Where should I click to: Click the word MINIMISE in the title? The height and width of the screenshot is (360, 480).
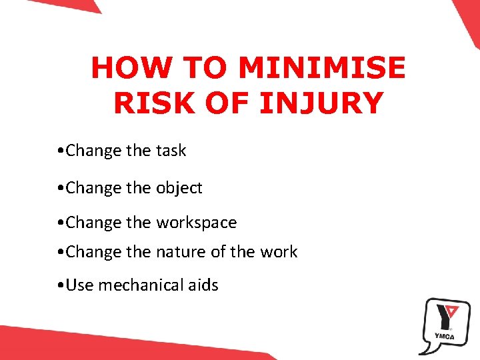click(321, 69)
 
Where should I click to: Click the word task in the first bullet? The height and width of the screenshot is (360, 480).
click(173, 151)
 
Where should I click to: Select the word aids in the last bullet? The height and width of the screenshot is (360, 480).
click(203, 285)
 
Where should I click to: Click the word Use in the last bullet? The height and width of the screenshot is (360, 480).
click(80, 285)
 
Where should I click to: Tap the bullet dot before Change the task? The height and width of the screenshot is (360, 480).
click(61, 151)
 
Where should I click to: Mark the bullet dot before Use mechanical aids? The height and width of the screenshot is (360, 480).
click(61, 286)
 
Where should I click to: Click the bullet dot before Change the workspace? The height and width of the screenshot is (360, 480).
click(61, 223)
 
